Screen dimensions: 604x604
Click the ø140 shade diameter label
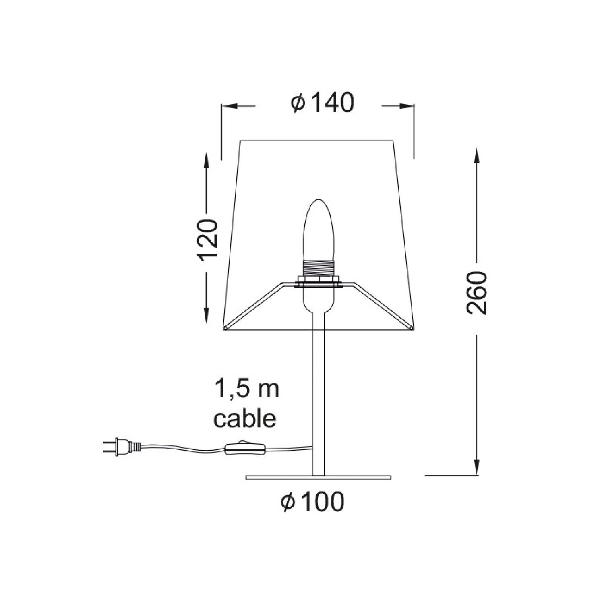tap(323, 103)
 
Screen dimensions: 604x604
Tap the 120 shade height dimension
tap(208, 240)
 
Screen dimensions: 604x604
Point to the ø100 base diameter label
tap(313, 502)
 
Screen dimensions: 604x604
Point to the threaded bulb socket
tap(319, 268)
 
